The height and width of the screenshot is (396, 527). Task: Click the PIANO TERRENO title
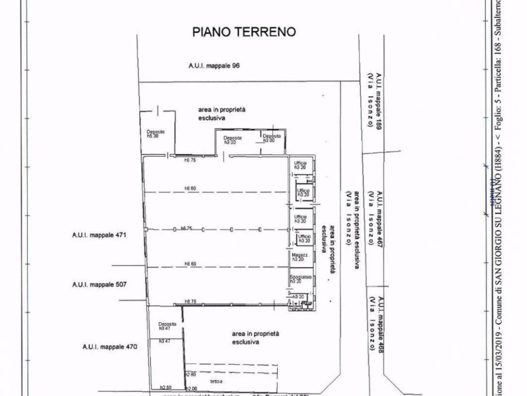pos(244,32)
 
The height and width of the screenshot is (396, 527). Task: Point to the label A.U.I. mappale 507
pos(99,284)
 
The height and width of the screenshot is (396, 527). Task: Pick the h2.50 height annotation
pos(165,388)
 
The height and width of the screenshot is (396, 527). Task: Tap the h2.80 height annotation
pos(190,374)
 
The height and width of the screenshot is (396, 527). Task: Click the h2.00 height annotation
pos(191,388)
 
